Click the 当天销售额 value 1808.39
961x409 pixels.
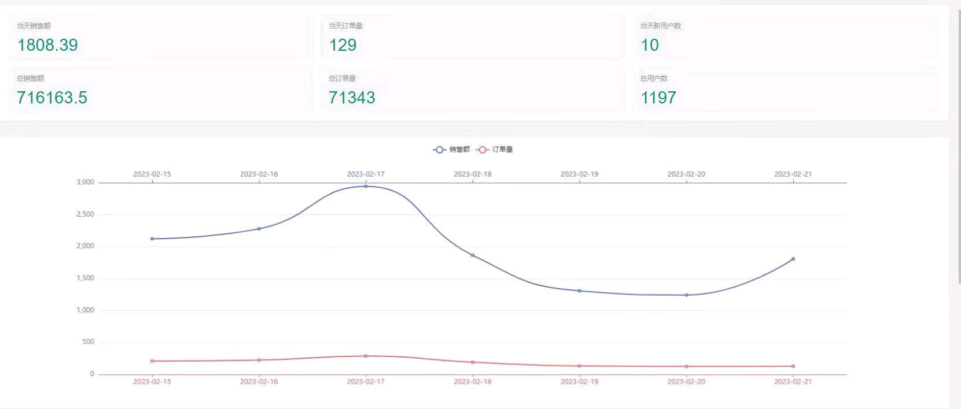pyautogui.click(x=47, y=45)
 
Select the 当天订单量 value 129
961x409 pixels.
pyautogui.click(x=343, y=45)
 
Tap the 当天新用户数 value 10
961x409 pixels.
pyautogui.click(x=649, y=45)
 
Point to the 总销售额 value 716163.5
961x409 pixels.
pyautogui.click(x=52, y=98)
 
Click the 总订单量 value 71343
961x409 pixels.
pyautogui.click(x=352, y=98)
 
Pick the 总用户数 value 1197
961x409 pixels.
pyautogui.click(x=658, y=98)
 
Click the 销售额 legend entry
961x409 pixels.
pyautogui.click(x=452, y=150)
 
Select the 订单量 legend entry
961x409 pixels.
pyautogui.click(x=495, y=150)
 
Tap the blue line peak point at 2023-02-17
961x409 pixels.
pyautogui.click(x=366, y=186)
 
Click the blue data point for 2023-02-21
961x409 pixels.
pyautogui.click(x=793, y=259)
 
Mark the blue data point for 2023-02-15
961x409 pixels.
pyautogui.click(x=152, y=239)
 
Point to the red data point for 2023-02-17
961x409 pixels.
pyautogui.click(x=366, y=356)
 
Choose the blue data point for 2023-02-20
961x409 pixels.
pyautogui.click(x=686, y=295)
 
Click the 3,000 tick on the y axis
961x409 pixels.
pyautogui.click(x=85, y=183)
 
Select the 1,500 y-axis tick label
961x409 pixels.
pyautogui.click(x=85, y=278)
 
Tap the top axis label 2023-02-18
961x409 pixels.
pyautogui.click(x=472, y=174)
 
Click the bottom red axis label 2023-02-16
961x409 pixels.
pyautogui.click(x=259, y=382)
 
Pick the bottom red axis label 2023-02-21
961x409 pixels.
pyautogui.click(x=793, y=382)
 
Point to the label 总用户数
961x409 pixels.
pyautogui.click(x=654, y=79)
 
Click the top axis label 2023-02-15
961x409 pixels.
pyautogui.click(x=152, y=174)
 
